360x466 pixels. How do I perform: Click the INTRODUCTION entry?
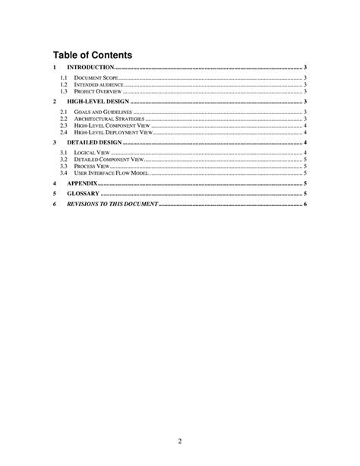(x=90, y=68)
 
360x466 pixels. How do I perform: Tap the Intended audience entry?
(x=99, y=84)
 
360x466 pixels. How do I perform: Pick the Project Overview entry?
(x=97, y=91)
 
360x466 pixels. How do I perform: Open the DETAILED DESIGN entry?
(x=94, y=142)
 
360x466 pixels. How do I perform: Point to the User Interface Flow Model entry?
(x=110, y=173)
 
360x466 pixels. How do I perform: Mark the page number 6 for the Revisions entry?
(x=305, y=204)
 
